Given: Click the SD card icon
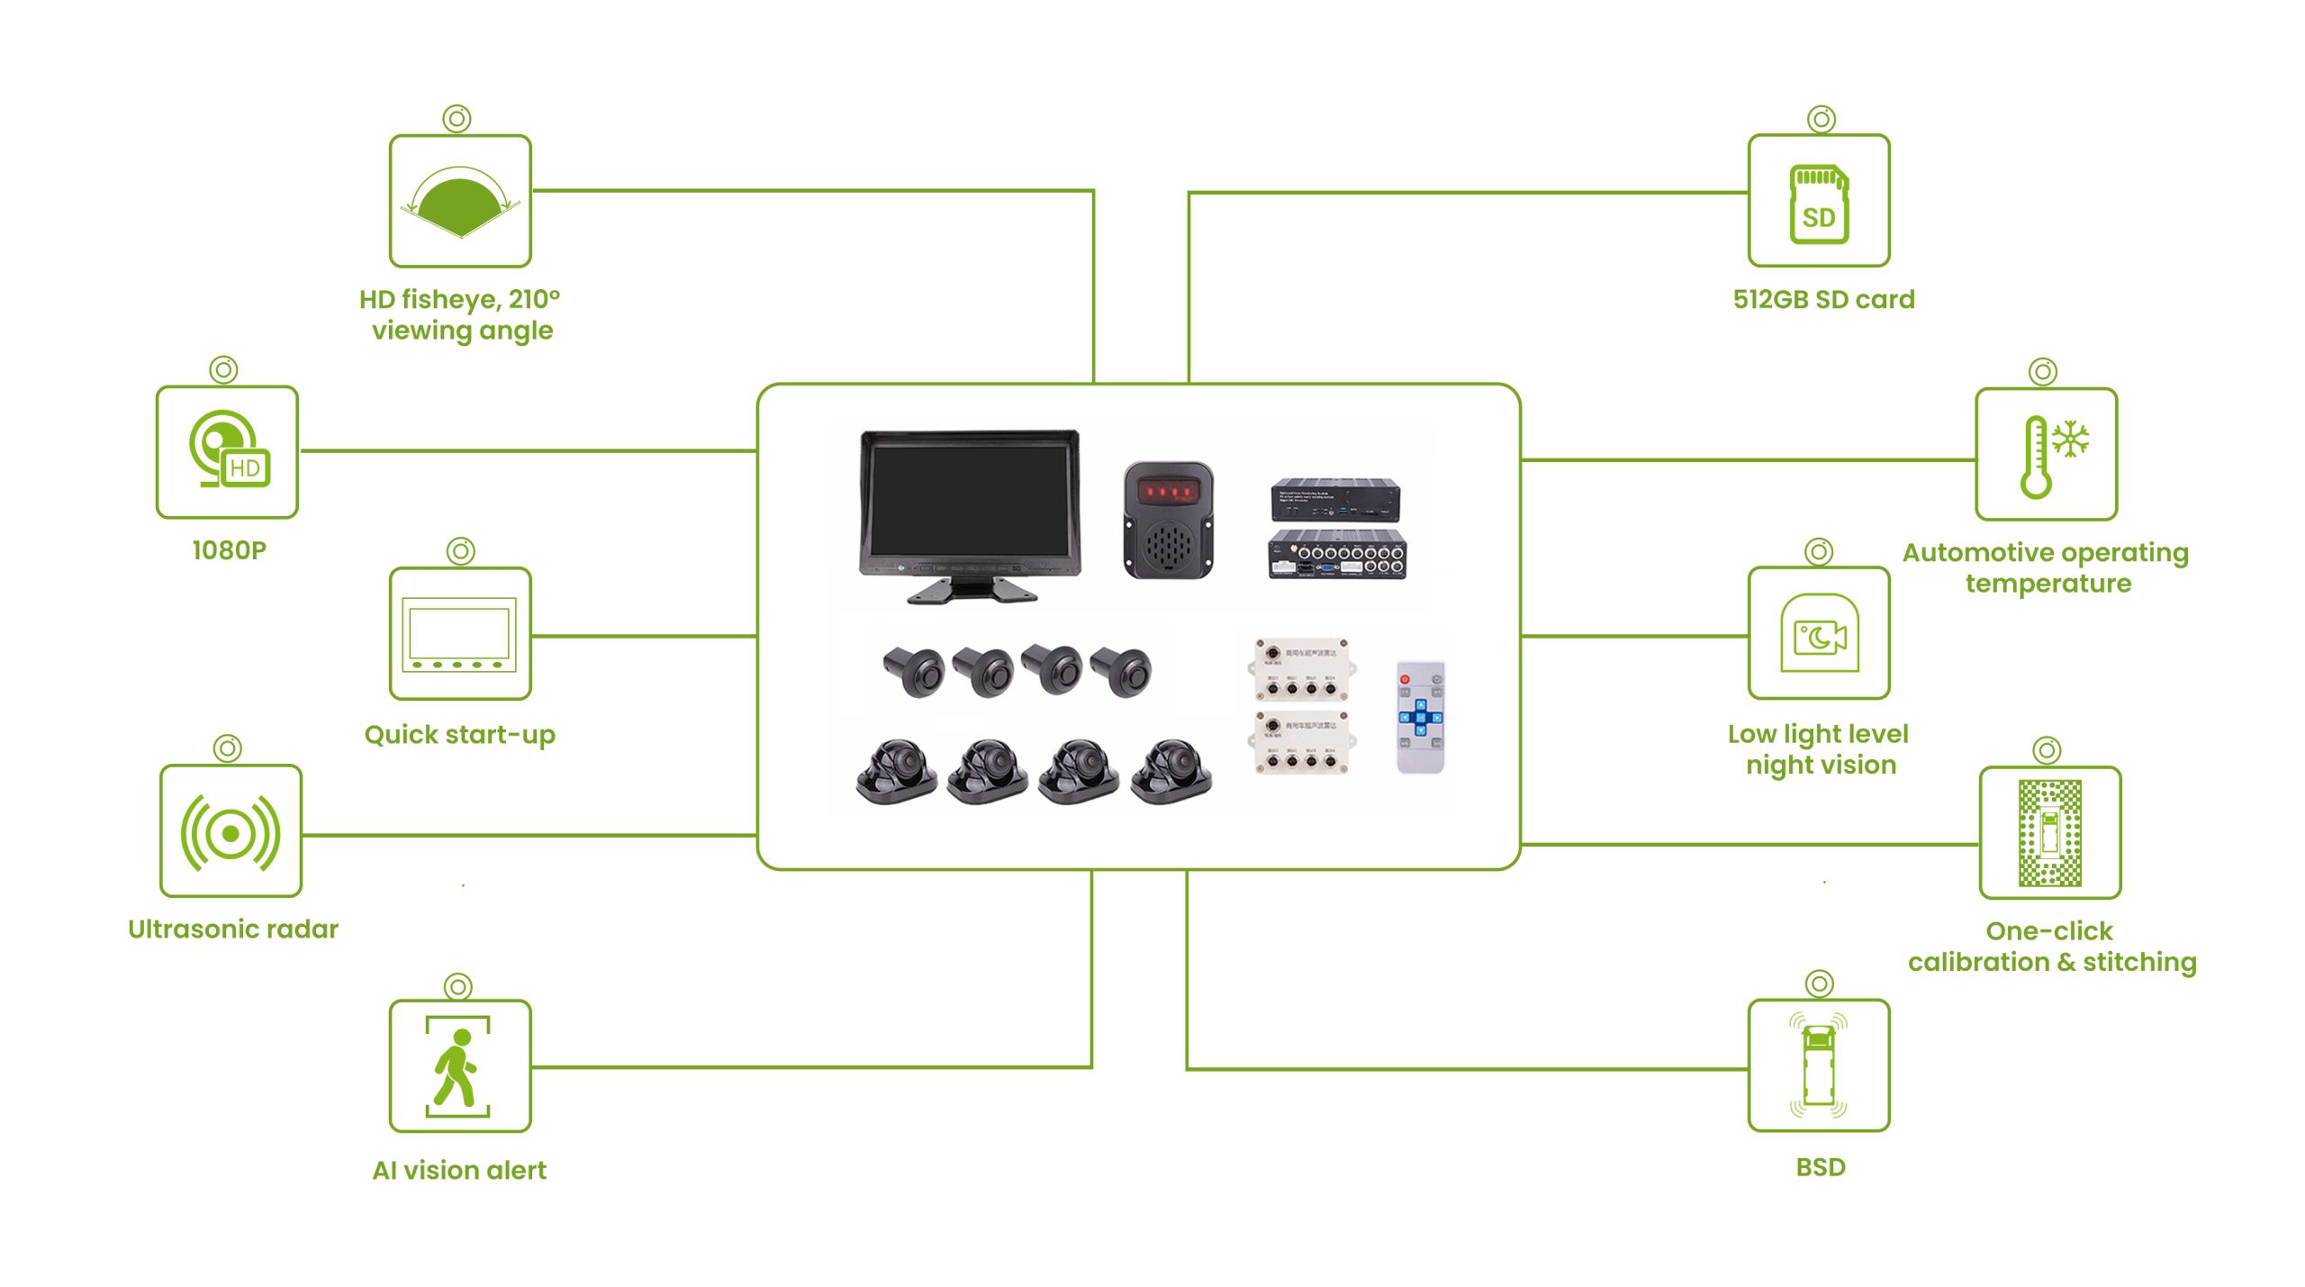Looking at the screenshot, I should click(1818, 203).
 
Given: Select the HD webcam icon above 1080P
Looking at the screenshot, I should click(229, 450).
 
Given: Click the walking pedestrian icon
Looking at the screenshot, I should click(458, 1067).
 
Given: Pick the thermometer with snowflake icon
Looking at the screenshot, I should click(2046, 456).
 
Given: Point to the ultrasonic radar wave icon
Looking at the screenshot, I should click(230, 832).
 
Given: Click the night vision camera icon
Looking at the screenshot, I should click(1819, 634).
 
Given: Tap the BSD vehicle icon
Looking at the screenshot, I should click(1818, 1065).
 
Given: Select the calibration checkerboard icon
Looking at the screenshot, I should click(2049, 833).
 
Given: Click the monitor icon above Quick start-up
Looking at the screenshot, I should click(460, 634).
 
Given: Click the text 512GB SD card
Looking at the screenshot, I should click(1823, 299).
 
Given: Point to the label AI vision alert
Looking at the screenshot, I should click(459, 1170).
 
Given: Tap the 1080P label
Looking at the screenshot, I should click(229, 550).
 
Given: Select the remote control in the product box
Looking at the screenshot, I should click(1420, 717).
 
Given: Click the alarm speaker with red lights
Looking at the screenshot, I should click(1168, 520).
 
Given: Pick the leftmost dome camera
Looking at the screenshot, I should click(896, 771).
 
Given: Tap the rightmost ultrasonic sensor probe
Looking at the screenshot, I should click(1122, 671).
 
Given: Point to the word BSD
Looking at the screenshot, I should click(1820, 1167).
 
